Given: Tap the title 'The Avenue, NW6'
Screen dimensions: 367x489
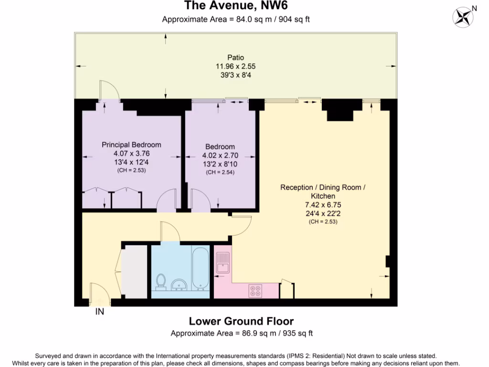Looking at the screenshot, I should [x=236, y=6].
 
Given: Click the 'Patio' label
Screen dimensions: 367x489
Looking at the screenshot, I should [x=235, y=58].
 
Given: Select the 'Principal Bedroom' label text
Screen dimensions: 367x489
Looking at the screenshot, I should [x=131, y=145].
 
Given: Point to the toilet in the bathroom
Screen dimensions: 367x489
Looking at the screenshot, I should [x=160, y=282].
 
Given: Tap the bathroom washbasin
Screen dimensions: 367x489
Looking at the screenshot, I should [x=179, y=285].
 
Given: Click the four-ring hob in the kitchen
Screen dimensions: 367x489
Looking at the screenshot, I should [x=255, y=291].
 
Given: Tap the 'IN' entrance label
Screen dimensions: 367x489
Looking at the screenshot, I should [x=100, y=312].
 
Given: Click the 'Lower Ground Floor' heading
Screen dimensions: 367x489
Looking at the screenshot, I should [x=241, y=321].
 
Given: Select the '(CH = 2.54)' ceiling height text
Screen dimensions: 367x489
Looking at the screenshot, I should [x=220, y=172].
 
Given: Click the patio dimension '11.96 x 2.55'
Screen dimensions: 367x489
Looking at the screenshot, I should [x=235, y=66].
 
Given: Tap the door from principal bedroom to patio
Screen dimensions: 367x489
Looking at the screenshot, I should [x=106, y=90].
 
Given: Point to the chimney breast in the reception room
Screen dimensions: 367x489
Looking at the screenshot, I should [x=340, y=113].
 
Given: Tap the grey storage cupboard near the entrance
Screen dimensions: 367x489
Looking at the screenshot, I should [x=134, y=272].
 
